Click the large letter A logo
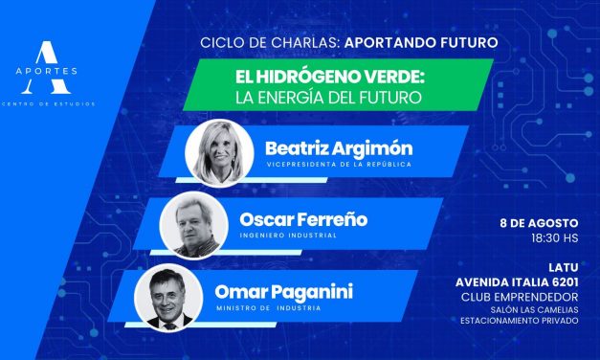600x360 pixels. point(51,56)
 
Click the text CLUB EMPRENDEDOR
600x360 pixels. point(531,296)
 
